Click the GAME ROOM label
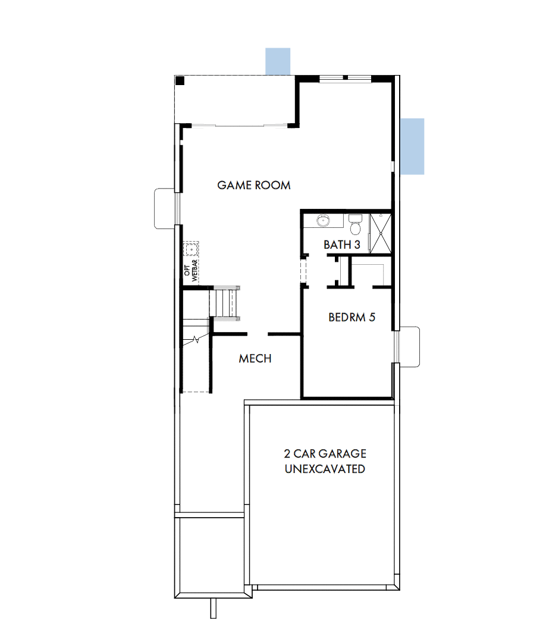point(254,185)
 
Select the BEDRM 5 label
point(352,317)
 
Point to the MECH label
point(255,358)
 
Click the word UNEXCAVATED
point(325,469)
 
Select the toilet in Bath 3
point(355,225)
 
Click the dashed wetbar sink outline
point(192,249)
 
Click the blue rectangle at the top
point(278,61)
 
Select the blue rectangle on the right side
point(412,146)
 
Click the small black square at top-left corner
point(180,80)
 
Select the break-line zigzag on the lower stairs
point(197,341)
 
